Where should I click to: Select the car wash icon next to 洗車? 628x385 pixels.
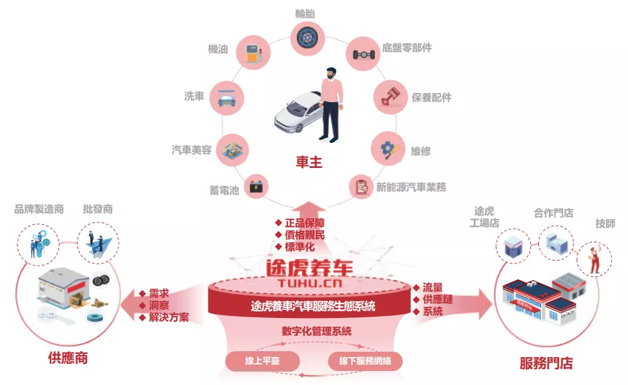click(226, 98)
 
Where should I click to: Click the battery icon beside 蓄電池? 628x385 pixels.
click(255, 188)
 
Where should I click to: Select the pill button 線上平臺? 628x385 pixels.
click(263, 361)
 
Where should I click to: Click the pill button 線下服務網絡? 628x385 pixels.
click(365, 361)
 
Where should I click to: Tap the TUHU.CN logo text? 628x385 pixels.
click(309, 283)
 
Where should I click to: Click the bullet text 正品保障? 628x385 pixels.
click(303, 222)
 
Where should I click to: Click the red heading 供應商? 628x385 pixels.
click(68, 359)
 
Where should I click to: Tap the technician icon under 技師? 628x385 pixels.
click(594, 258)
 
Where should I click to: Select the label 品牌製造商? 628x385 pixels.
click(39, 209)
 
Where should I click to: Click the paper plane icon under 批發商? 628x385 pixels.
click(98, 244)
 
